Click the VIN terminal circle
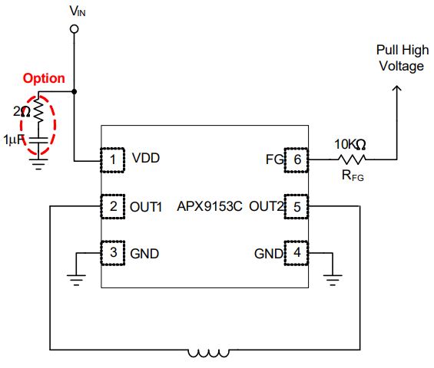(74, 29)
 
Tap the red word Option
(44, 78)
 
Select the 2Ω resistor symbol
(38, 109)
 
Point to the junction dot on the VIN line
(75, 91)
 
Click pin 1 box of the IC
(112, 160)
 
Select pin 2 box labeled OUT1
(112, 207)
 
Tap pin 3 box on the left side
(112, 253)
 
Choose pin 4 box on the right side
(297, 253)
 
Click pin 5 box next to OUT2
(297, 207)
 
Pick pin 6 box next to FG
(297, 160)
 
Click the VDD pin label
(146, 158)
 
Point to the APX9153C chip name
(210, 206)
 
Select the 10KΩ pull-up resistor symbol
(352, 159)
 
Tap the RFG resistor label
(353, 176)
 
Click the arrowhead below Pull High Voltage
(397, 88)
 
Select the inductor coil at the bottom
(209, 353)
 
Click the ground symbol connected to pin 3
(76, 280)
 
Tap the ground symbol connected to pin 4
(333, 280)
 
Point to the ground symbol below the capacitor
(38, 164)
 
